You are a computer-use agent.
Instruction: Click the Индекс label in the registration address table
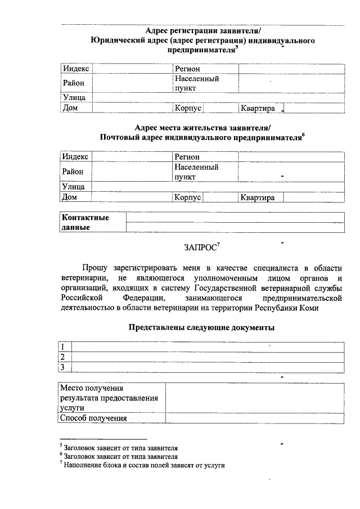point(75,69)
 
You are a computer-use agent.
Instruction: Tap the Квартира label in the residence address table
point(257,197)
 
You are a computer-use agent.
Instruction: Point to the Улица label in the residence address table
point(73,187)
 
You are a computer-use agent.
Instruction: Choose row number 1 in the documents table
point(64,347)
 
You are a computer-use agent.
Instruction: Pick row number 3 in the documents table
point(64,367)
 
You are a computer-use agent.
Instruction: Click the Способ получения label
point(93,418)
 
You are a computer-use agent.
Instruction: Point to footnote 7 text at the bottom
point(143,466)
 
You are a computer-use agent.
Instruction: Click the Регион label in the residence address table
point(187,157)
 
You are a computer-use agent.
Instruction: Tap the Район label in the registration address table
point(73,83)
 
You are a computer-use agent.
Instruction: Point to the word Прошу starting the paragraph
point(95,268)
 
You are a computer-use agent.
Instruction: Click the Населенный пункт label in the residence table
point(196,172)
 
